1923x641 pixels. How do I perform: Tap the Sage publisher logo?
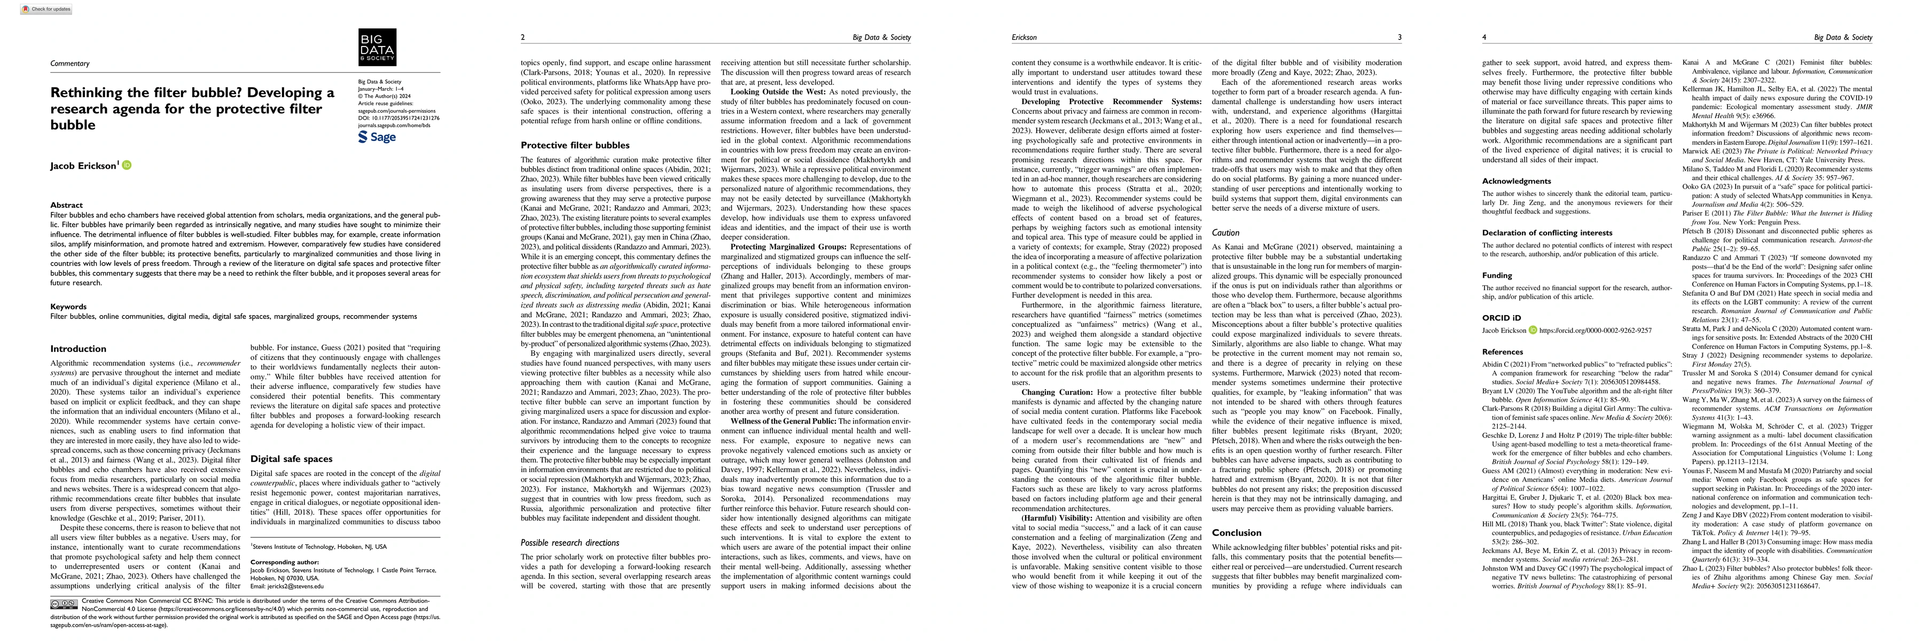click(x=377, y=137)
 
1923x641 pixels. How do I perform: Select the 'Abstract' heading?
click(x=66, y=205)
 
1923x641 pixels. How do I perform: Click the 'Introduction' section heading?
click(x=79, y=348)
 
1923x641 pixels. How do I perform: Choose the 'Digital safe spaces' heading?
click(x=291, y=459)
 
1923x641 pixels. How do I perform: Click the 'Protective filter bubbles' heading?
click(x=575, y=145)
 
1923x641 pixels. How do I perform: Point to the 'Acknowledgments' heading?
click(x=1516, y=181)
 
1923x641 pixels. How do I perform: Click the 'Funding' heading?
click(x=1497, y=275)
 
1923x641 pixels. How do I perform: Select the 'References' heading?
click(x=1502, y=352)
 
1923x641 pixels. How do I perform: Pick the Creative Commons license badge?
click(x=64, y=603)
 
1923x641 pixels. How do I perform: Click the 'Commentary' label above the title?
click(x=69, y=64)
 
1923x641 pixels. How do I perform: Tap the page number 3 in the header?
click(x=1400, y=37)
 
